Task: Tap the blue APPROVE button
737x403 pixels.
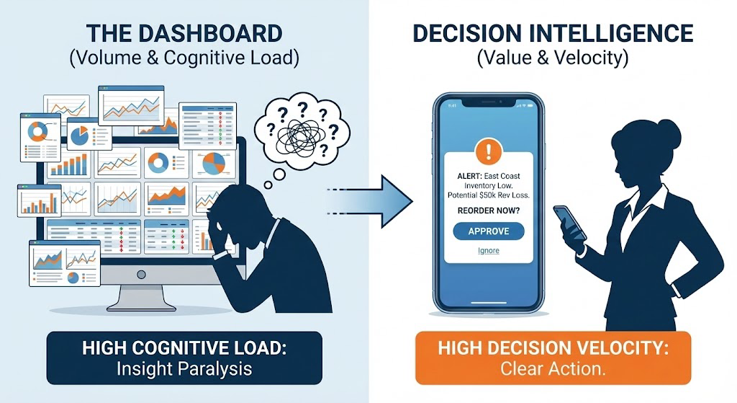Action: coord(489,231)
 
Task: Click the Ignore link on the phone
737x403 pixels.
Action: coord(489,251)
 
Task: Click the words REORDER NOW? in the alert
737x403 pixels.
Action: coord(489,211)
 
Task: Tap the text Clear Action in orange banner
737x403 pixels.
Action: coord(553,370)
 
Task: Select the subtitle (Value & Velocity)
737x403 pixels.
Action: coord(553,58)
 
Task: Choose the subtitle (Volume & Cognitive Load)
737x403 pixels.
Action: coord(184,58)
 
